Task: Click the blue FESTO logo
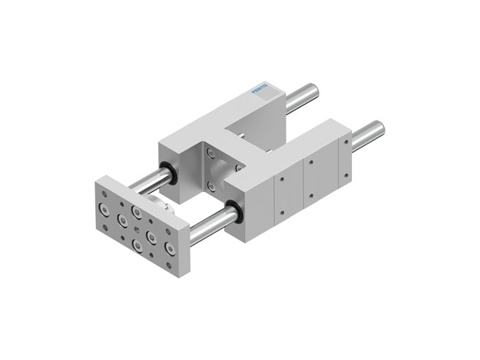coord(260,89)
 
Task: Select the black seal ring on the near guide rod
coord(232,212)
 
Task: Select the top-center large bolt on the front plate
coord(136,212)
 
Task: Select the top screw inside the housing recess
coord(210,153)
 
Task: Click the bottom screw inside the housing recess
coord(212,186)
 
